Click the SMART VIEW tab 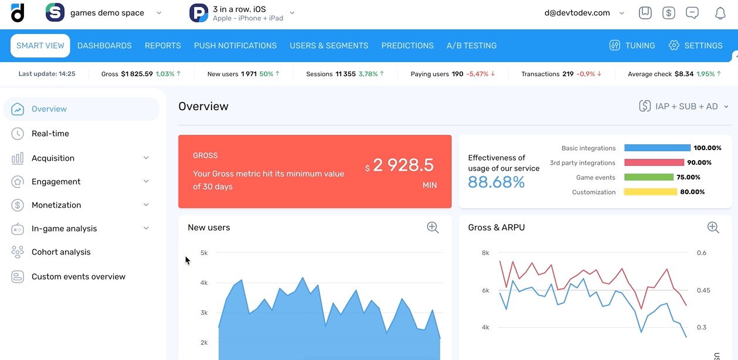pyautogui.click(x=40, y=46)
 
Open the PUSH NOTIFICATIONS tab pyautogui.click(x=235, y=46)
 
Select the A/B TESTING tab pyautogui.click(x=471, y=46)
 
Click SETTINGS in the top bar pyautogui.click(x=695, y=46)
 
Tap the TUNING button pyautogui.click(x=632, y=46)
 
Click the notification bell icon pyautogui.click(x=720, y=13)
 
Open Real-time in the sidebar pyautogui.click(x=50, y=134)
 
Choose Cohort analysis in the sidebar pyautogui.click(x=61, y=252)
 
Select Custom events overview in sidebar pyautogui.click(x=78, y=277)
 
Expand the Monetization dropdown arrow pyautogui.click(x=146, y=205)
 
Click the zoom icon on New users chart pyautogui.click(x=433, y=227)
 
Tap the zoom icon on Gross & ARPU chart pyautogui.click(x=713, y=227)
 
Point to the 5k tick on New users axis pyautogui.click(x=204, y=253)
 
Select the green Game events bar pyautogui.click(x=649, y=177)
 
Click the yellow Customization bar pyautogui.click(x=650, y=192)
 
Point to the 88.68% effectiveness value pyautogui.click(x=496, y=182)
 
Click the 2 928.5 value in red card pyautogui.click(x=403, y=165)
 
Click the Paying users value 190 pyautogui.click(x=457, y=74)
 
